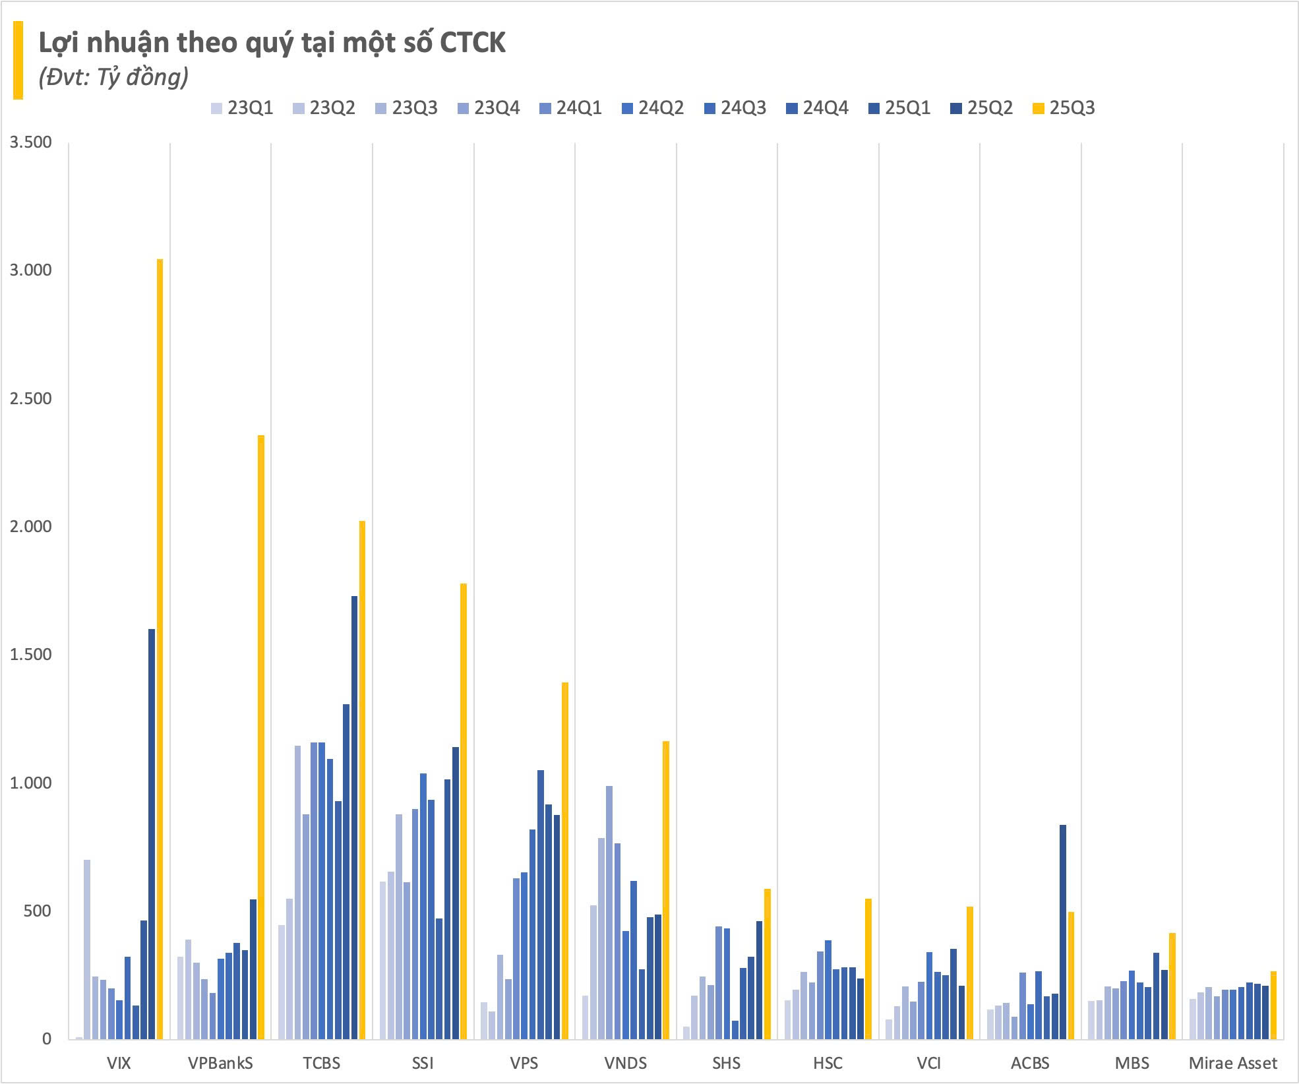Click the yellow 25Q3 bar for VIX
click(x=160, y=649)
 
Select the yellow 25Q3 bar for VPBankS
click(x=261, y=737)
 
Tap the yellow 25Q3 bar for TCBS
click(x=362, y=779)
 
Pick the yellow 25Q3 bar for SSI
click(x=464, y=811)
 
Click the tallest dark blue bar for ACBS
click(x=1062, y=932)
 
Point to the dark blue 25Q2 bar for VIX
click(x=152, y=833)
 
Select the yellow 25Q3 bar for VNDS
click(x=666, y=889)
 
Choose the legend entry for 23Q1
click(x=242, y=108)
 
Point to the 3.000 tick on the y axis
click(x=30, y=270)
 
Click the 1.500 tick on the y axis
click(x=30, y=654)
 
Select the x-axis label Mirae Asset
click(x=1232, y=1063)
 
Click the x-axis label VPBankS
click(x=220, y=1063)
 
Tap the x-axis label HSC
click(x=828, y=1063)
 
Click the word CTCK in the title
click(x=473, y=42)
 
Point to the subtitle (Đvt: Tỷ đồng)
click(x=113, y=77)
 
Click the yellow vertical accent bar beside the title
click(x=18, y=60)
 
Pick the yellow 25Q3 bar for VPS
click(x=565, y=860)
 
